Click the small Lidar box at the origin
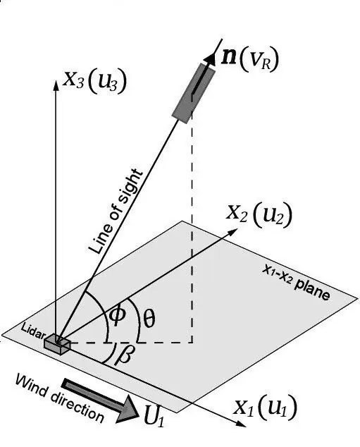57,344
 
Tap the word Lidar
32,331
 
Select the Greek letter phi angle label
118,315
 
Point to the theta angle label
149,319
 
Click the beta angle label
123,355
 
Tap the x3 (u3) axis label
94,80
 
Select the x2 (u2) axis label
259,214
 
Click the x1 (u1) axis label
265,407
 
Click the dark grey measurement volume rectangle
194,93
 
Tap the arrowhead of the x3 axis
56,85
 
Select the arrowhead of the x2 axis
232,231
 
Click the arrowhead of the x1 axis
241,424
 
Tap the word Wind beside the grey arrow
30,386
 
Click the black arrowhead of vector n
212,58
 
